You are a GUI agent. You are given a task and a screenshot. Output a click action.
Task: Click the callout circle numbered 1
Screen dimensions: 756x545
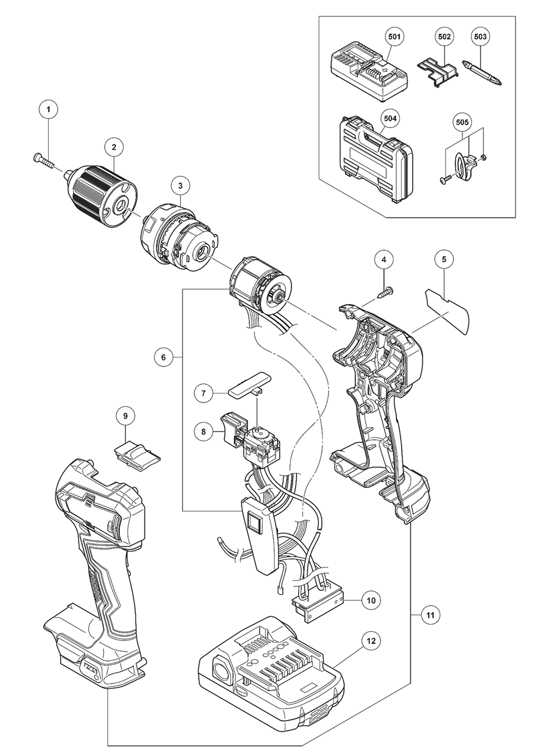[x=49, y=110]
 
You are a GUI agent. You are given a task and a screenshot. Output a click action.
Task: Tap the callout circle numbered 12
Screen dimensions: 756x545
[x=371, y=640]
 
